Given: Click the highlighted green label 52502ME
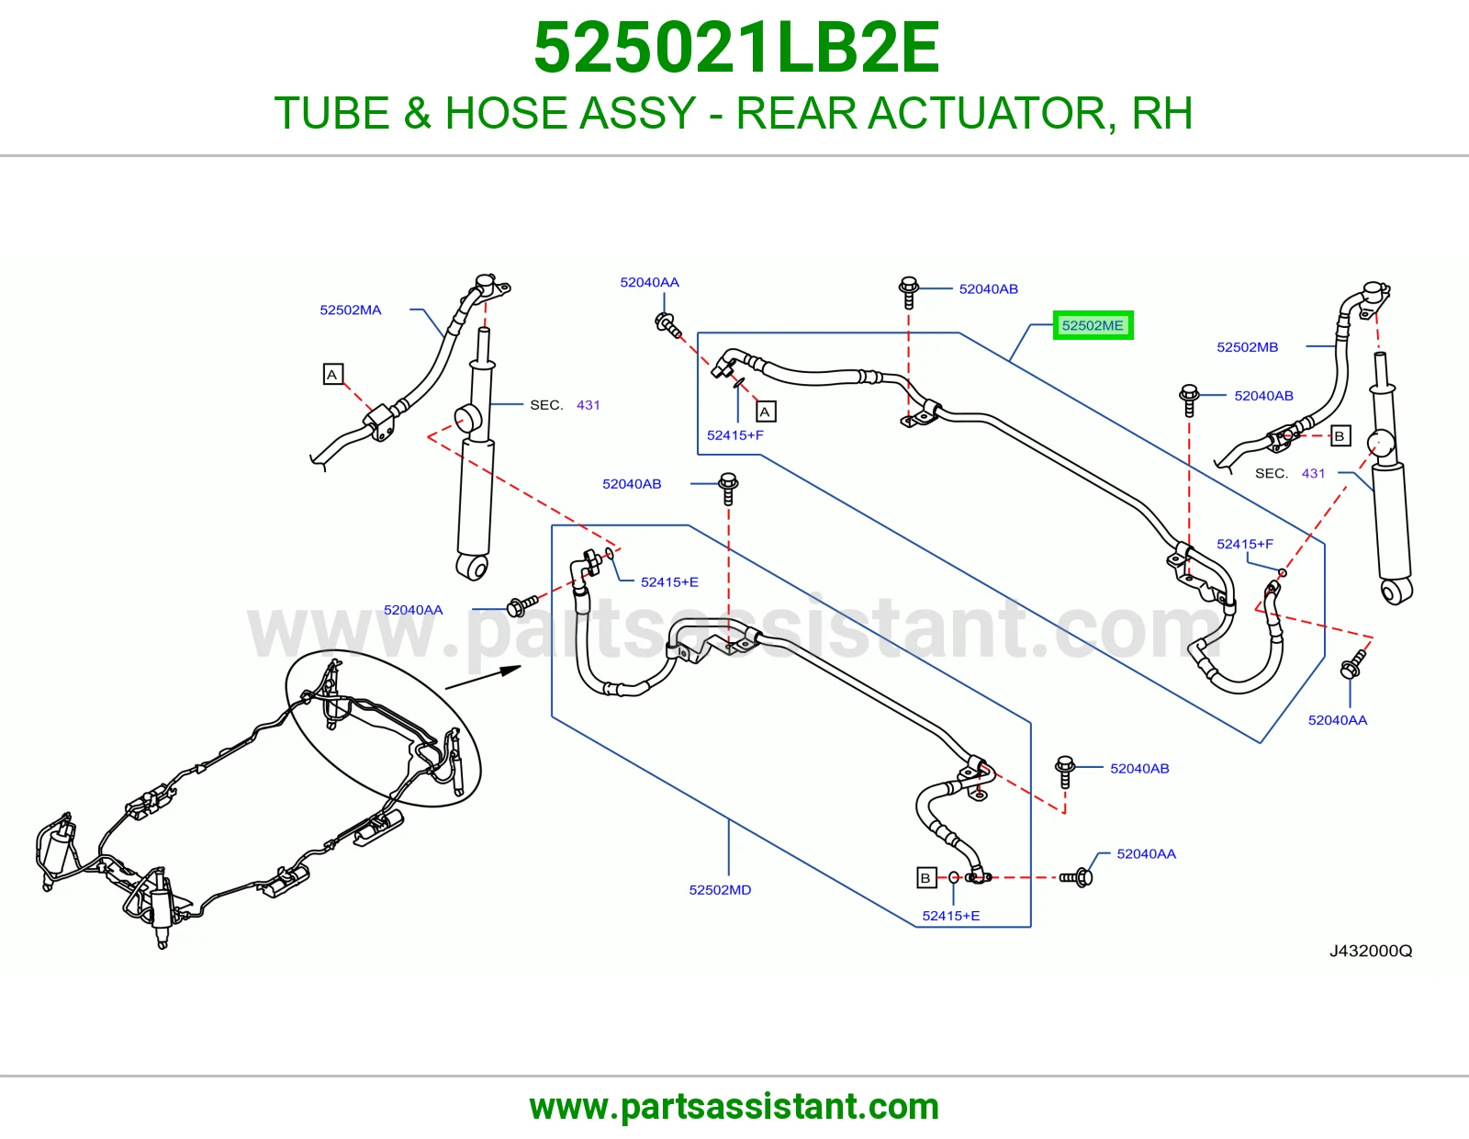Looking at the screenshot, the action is tap(1093, 325).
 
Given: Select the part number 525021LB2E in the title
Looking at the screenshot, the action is tap(736, 48).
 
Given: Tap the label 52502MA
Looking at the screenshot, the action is tap(350, 310).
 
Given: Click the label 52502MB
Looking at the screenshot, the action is tap(1247, 347).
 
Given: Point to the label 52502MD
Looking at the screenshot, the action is tap(720, 890).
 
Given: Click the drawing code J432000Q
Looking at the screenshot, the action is tap(1371, 951).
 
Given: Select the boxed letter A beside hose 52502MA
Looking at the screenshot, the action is tap(332, 374).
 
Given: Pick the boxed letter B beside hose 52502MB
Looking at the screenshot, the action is tap(1340, 435).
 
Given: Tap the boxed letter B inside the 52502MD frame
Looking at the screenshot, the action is tap(926, 878).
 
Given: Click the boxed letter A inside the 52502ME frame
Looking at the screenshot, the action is tap(766, 412).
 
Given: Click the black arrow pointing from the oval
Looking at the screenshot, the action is tap(483, 678).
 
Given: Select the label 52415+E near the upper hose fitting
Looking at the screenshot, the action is tap(669, 581).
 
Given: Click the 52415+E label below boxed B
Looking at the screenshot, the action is tap(950, 916).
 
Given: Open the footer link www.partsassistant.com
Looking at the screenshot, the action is tap(734, 1107).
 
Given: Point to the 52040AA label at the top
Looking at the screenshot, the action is tap(650, 282).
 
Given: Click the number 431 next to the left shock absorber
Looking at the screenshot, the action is tap(589, 405).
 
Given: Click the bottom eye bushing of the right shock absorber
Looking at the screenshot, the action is tap(1396, 592).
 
